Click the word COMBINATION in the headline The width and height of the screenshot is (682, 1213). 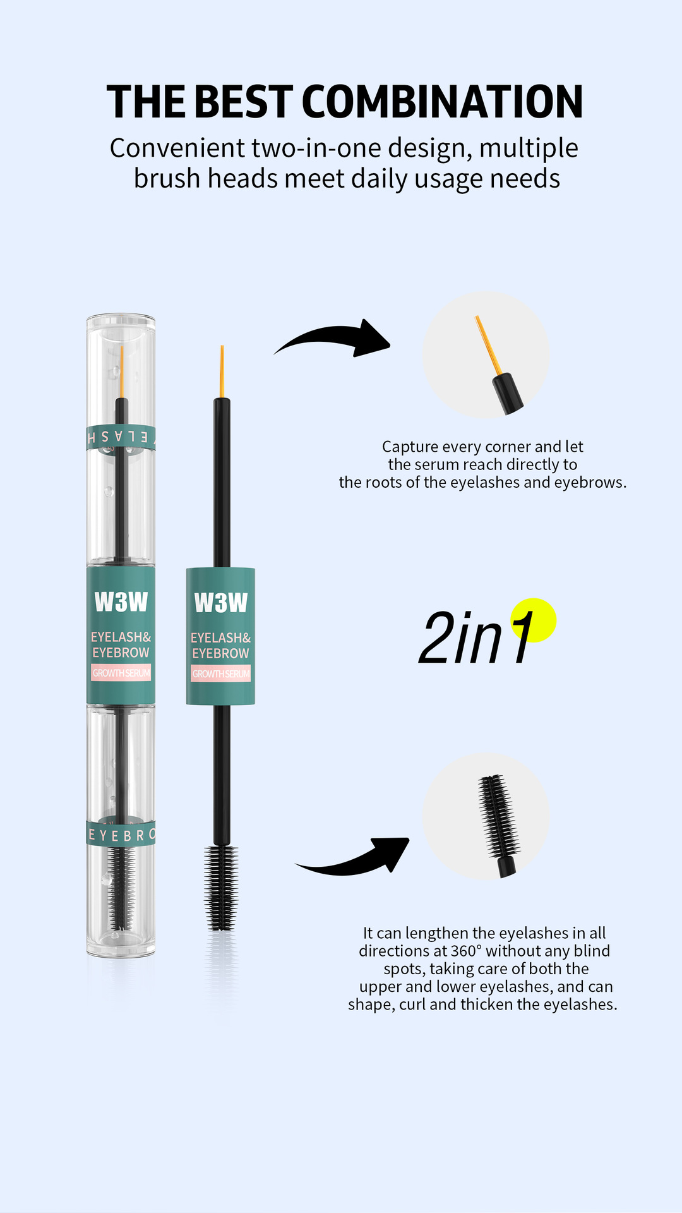click(442, 102)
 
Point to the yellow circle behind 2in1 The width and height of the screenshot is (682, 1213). click(534, 620)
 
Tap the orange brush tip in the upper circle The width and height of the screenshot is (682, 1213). click(488, 345)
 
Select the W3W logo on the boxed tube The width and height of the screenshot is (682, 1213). click(121, 602)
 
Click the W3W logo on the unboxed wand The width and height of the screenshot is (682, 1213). click(220, 603)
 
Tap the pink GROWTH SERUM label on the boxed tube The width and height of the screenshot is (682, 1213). click(121, 673)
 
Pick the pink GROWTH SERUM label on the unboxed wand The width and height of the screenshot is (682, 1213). click(221, 673)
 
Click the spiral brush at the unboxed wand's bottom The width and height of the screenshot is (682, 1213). click(221, 888)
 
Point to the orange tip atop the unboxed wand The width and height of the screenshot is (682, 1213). click(222, 371)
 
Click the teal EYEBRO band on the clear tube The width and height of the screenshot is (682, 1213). click(121, 835)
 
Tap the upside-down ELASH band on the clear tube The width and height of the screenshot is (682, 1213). click(121, 437)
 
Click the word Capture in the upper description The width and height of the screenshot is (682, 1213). click(410, 447)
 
